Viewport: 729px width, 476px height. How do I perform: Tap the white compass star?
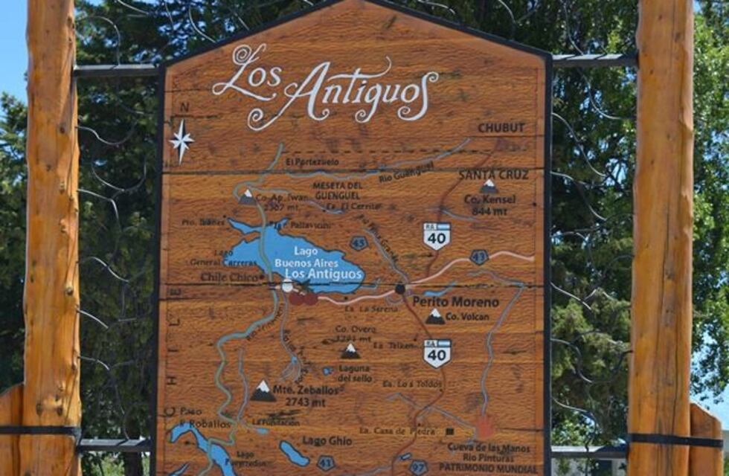[x=181, y=140]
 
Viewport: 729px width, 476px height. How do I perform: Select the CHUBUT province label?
[x=501, y=128]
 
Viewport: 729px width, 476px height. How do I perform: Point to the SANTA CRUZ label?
[x=493, y=175]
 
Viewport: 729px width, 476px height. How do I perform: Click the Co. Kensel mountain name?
[x=489, y=199]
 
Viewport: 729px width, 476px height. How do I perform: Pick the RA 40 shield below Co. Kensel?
[x=437, y=235]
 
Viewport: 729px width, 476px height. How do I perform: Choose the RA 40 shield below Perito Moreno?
[x=437, y=353]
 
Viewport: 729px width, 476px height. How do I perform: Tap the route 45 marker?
[x=359, y=242]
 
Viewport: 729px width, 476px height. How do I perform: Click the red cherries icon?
[x=303, y=298]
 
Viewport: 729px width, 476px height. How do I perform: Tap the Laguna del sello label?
[x=353, y=373]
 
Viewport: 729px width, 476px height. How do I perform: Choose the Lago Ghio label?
[x=327, y=440]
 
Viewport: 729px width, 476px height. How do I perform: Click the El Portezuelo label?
[x=312, y=161]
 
